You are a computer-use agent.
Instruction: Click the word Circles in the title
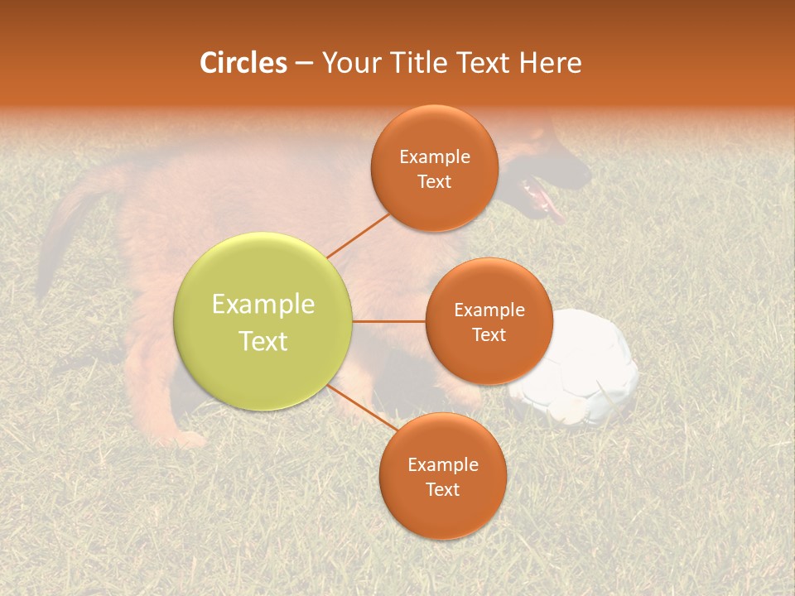tap(243, 63)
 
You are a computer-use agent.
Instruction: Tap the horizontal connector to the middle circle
tap(389, 321)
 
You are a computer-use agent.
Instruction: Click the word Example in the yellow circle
tap(263, 304)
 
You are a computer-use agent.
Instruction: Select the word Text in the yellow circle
tap(263, 341)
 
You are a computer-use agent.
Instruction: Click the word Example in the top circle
tap(434, 156)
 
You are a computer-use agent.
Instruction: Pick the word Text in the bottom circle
tap(442, 489)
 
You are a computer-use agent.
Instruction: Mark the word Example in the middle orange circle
tap(489, 310)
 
